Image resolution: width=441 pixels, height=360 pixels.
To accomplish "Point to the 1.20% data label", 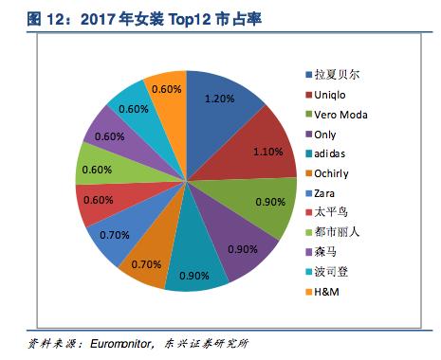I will click(219, 99).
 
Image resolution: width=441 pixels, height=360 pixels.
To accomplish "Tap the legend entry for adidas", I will click(334, 156).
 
